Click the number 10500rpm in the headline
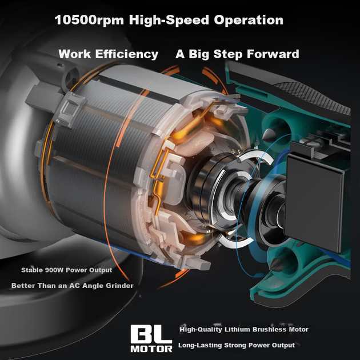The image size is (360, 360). pos(89,20)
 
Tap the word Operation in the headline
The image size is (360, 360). pos(249,20)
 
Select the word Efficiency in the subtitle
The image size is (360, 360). pos(126,54)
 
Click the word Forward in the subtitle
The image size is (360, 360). pos(273,54)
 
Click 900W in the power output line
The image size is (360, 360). pos(54,270)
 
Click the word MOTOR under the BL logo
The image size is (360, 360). pos(151,349)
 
